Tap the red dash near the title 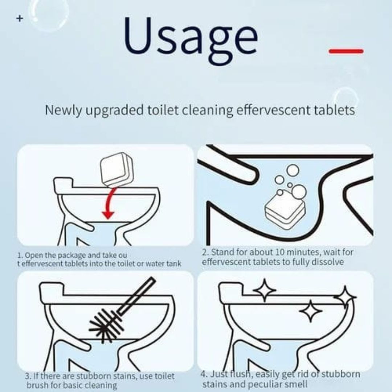tap(346, 52)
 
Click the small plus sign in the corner tap(20, 18)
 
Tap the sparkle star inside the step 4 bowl tap(311, 311)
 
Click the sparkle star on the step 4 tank tap(265, 290)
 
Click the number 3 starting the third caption tap(27, 376)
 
